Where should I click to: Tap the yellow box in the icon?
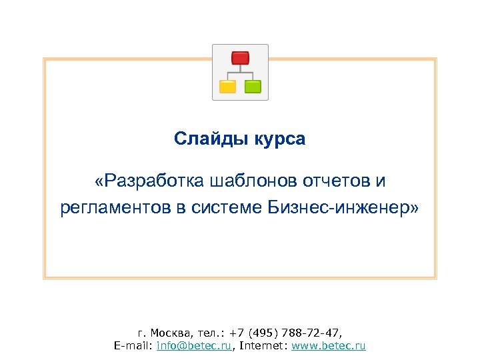[228, 86]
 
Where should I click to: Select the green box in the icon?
[253, 86]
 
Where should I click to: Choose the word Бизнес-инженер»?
[344, 209]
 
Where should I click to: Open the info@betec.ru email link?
[194, 346]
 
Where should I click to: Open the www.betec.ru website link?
[333, 346]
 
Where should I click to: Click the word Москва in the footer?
[170, 332]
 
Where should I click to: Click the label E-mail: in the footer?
[134, 346]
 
